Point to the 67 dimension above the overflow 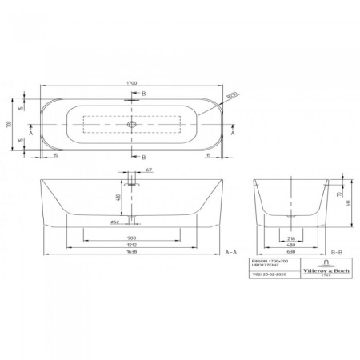click(x=149, y=170)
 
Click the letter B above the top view click(x=142, y=94)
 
